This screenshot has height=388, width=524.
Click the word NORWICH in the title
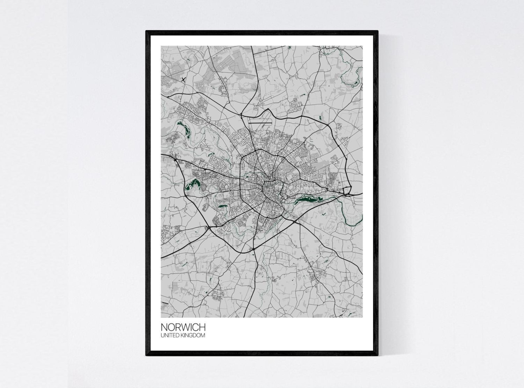(183, 327)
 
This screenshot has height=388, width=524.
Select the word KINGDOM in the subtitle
(194, 336)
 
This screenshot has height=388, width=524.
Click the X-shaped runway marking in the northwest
(183, 80)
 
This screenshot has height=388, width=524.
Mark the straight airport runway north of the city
(260, 121)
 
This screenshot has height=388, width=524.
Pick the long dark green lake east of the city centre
(307, 199)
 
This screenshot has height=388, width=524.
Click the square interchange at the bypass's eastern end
(347, 191)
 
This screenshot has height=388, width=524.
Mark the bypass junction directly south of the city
(253, 249)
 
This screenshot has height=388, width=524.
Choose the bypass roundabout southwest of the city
(209, 228)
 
